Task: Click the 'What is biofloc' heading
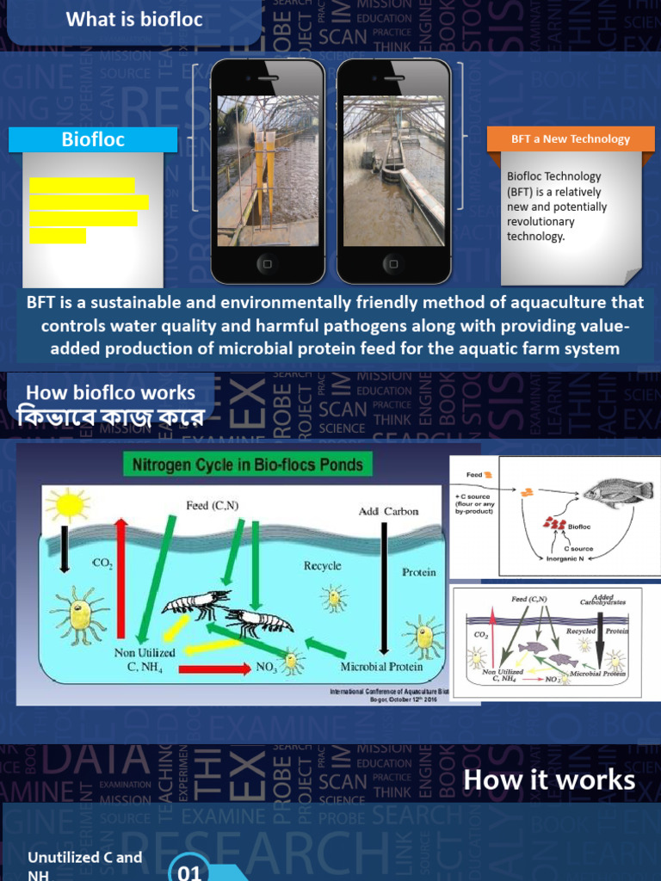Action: [134, 19]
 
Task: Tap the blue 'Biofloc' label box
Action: [93, 139]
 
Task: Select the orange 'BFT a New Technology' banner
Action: [571, 139]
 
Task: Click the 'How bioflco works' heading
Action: [110, 393]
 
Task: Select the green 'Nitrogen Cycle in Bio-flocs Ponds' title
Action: [248, 465]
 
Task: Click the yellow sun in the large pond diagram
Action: [67, 504]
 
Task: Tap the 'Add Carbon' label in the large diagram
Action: [388, 511]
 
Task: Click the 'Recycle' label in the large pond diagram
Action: [322, 566]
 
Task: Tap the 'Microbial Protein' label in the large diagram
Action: [381, 667]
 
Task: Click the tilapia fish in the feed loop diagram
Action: [615, 492]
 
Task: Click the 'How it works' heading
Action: [549, 780]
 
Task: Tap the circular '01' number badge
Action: [189, 871]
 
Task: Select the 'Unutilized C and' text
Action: [84, 857]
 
